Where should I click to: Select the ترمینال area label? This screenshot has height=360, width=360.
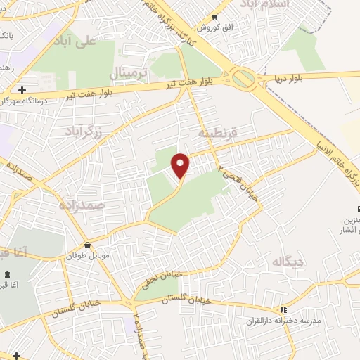(x=131, y=73)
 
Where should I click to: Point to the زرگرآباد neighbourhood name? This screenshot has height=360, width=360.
(x=84, y=131)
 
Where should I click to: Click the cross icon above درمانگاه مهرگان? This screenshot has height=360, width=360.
(x=23, y=90)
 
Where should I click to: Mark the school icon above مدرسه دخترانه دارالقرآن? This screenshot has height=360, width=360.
(x=283, y=309)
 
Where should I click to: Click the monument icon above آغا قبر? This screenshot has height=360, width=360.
(x=8, y=274)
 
